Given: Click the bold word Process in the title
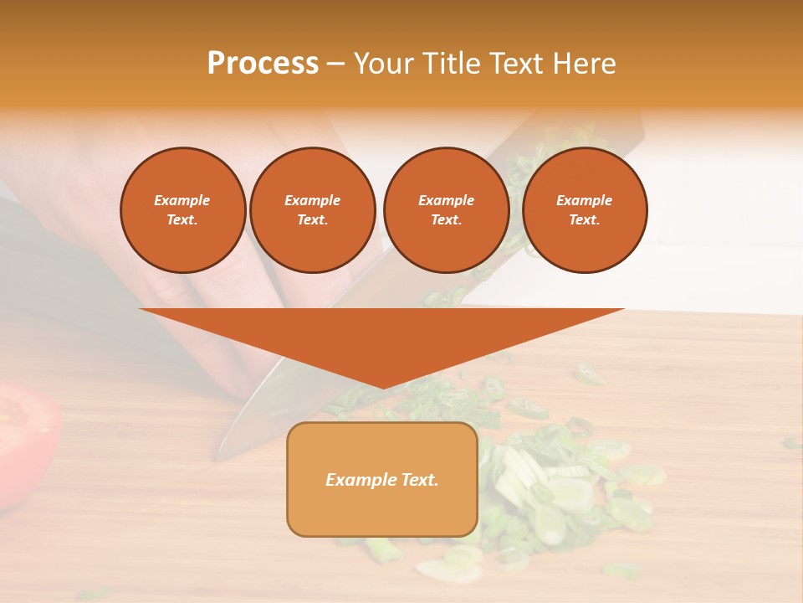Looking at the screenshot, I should coord(263,64).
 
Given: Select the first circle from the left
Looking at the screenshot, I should coord(183,210).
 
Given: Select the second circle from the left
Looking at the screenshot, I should coord(312,210).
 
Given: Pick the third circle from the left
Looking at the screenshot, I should coord(446,210).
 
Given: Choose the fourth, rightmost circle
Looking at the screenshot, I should coord(585,210).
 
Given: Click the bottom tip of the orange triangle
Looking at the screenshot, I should coord(382,387).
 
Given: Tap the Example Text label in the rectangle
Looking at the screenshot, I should coord(382,480).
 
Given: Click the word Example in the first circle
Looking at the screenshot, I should coord(182,200).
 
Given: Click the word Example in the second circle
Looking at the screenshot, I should coord(312,200).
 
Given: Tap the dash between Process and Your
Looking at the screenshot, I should coord(335,64).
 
